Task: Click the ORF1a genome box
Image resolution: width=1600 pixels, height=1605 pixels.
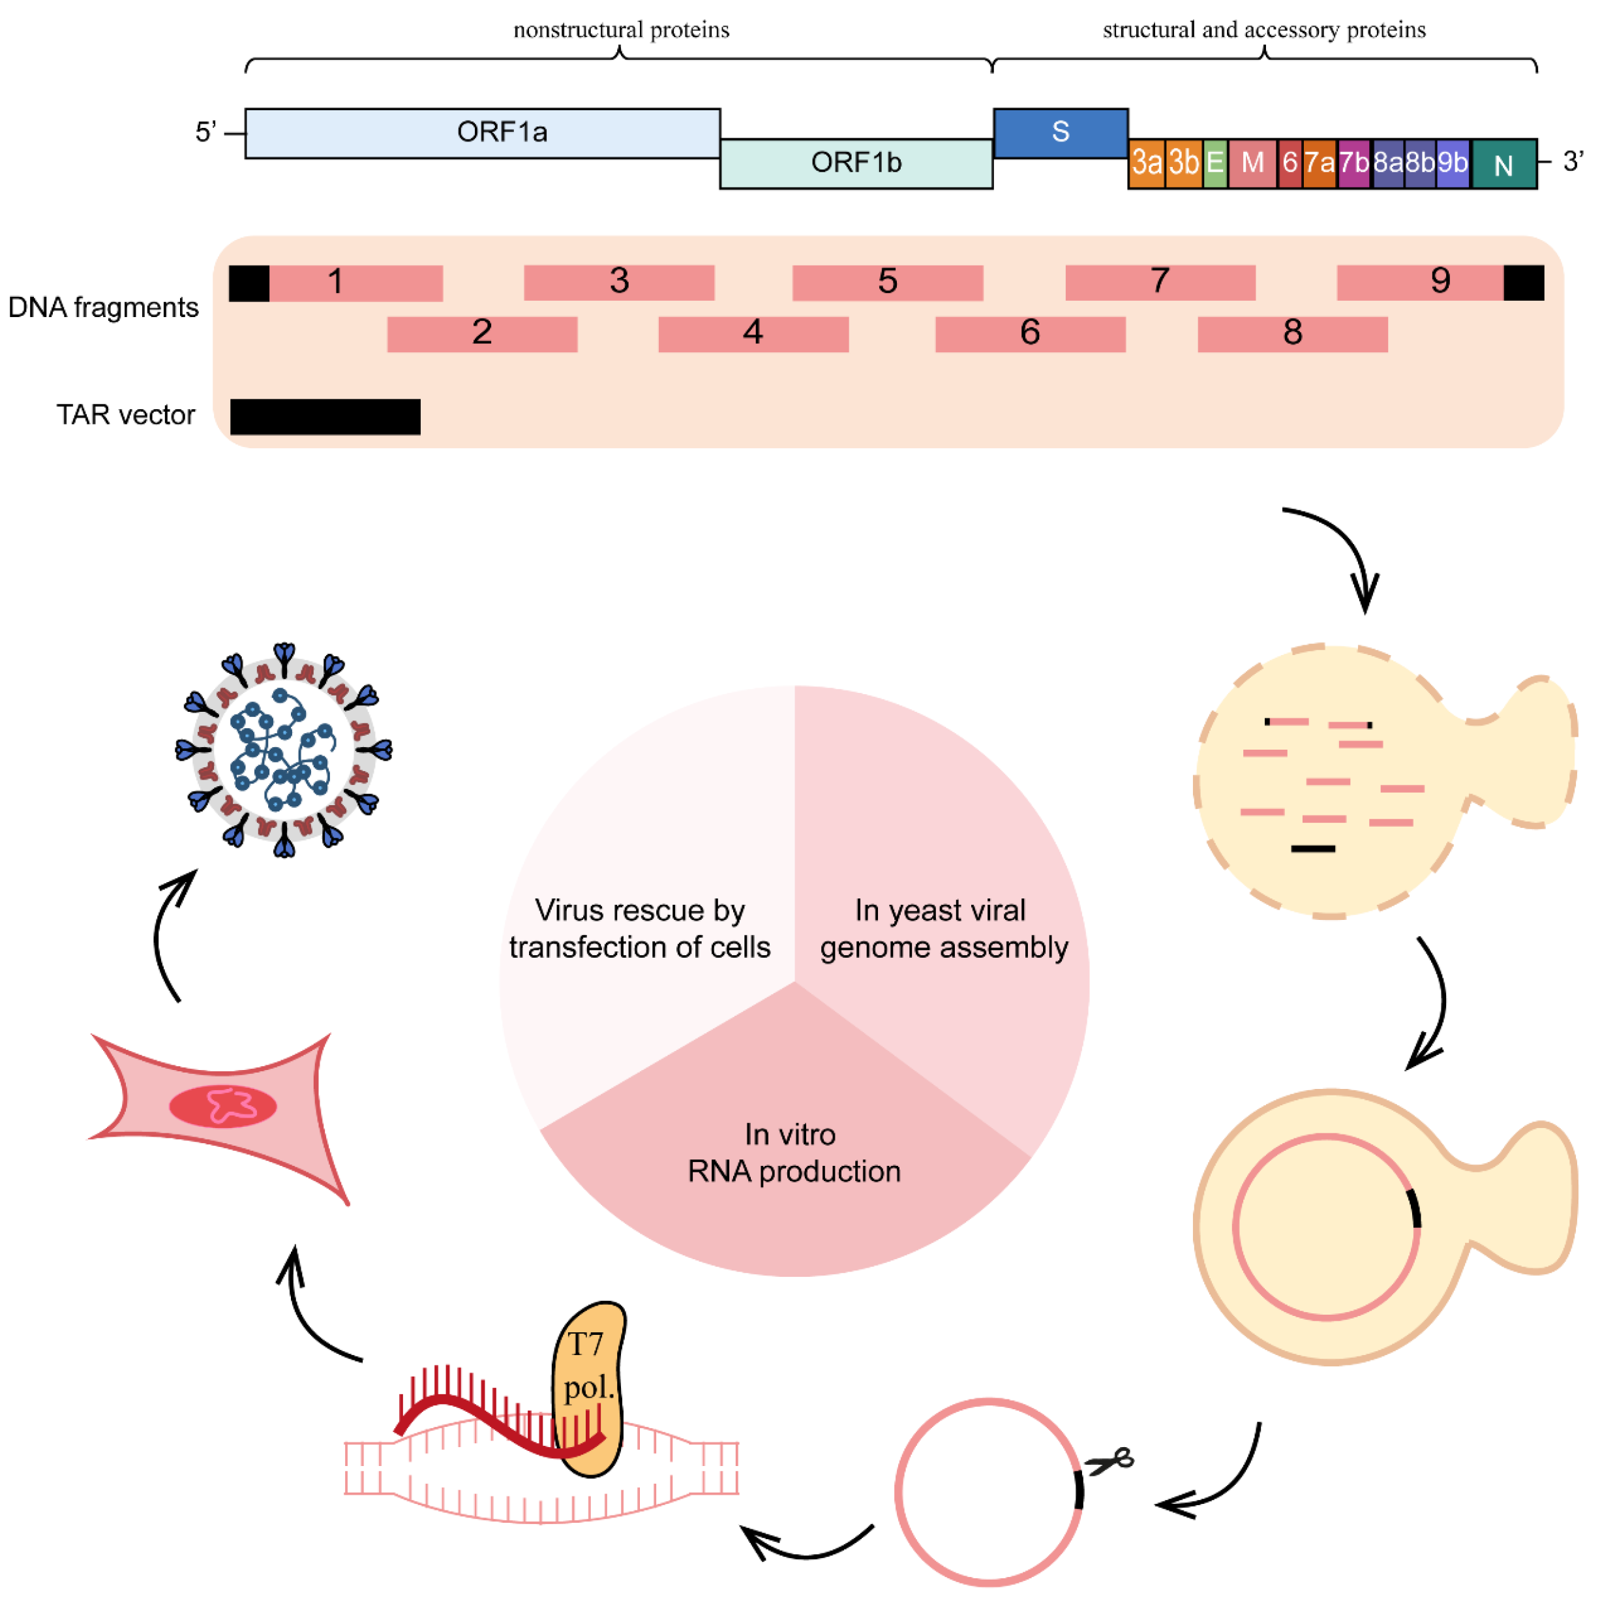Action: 481,133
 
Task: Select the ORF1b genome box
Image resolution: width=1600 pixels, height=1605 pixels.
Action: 855,163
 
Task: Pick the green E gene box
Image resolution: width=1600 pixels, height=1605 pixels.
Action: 1214,163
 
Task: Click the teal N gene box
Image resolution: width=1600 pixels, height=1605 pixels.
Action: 1503,164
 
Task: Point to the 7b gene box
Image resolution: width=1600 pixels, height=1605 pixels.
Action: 1353,163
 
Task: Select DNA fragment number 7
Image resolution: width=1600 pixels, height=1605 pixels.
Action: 1159,283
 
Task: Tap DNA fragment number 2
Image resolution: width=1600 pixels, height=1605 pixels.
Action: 481,333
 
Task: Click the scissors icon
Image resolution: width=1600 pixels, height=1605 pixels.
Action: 1111,1461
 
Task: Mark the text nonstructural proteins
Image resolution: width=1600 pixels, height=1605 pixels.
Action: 620,31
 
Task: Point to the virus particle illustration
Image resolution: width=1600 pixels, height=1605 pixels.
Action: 284,750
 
